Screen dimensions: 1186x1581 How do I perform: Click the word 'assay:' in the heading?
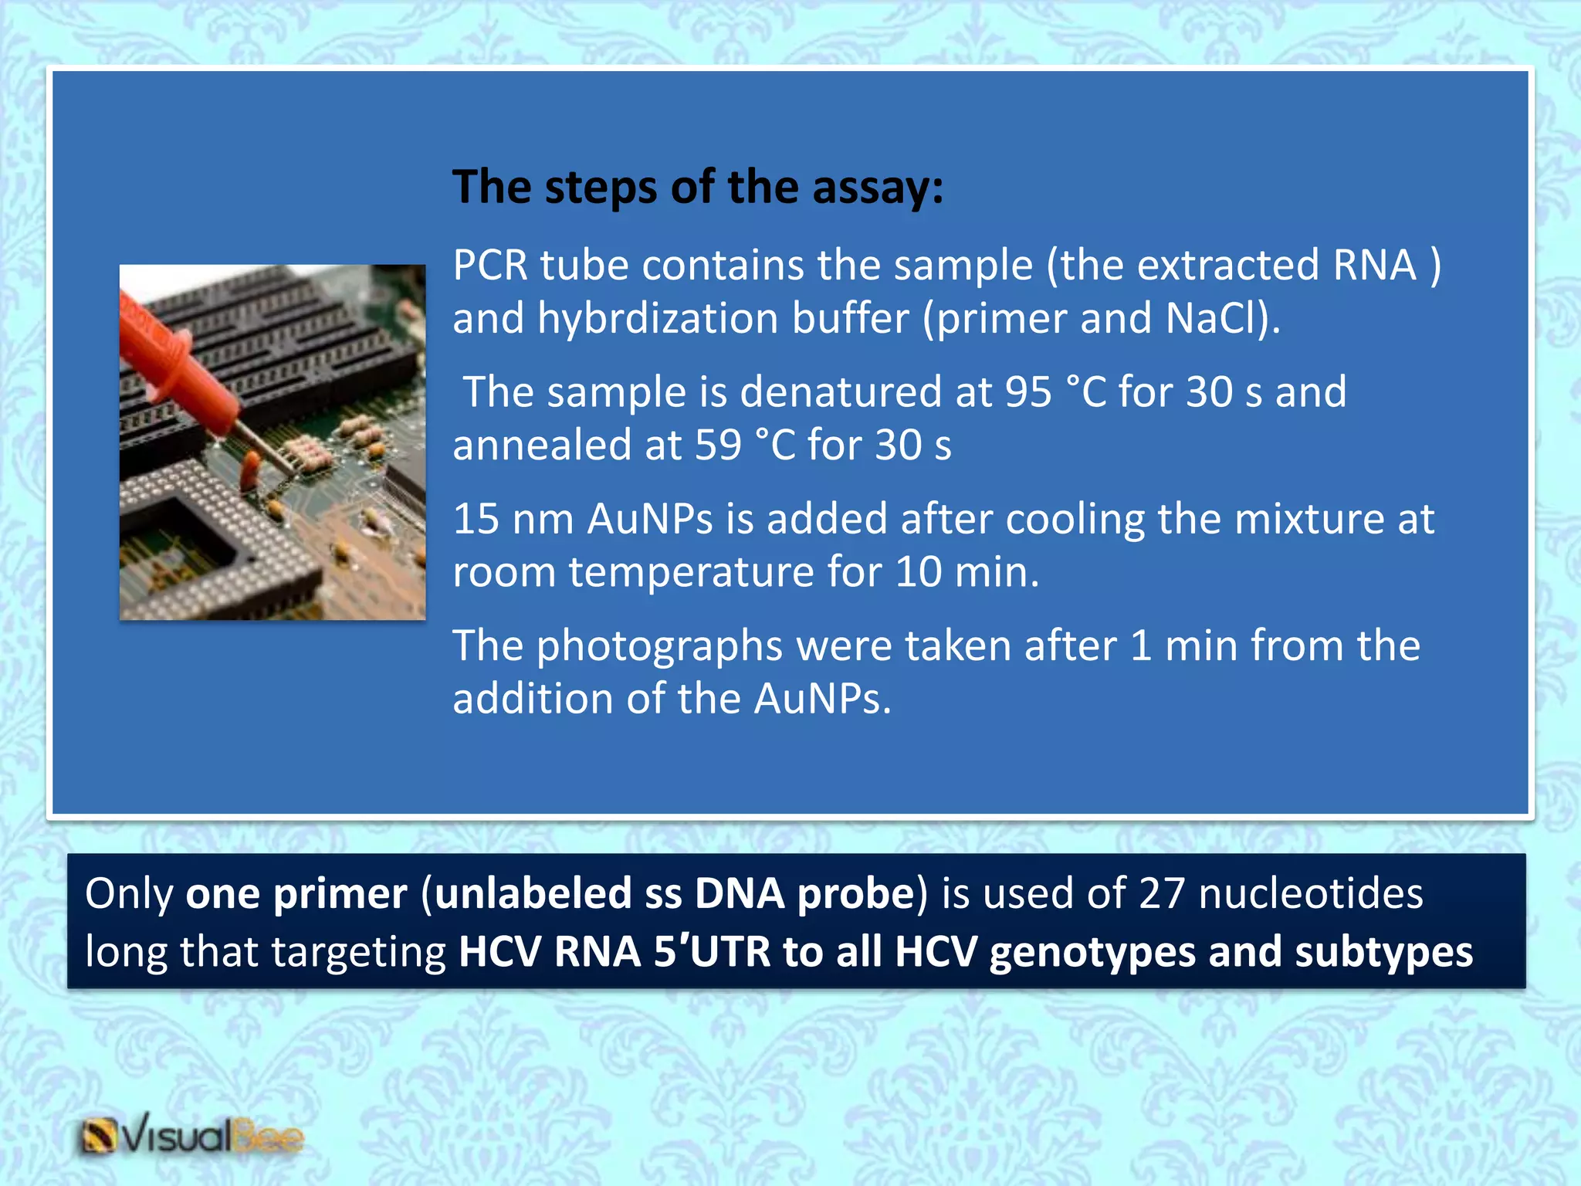[x=877, y=188]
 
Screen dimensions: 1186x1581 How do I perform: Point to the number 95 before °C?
[x=1027, y=392]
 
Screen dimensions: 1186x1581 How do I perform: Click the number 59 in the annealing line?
[x=718, y=446]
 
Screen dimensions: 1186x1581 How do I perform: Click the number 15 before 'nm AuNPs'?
[x=476, y=519]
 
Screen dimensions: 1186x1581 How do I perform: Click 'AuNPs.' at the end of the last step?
[x=822, y=700]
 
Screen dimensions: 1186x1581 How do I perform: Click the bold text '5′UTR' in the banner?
[x=712, y=952]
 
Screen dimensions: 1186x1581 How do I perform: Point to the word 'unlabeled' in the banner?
[x=533, y=894]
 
